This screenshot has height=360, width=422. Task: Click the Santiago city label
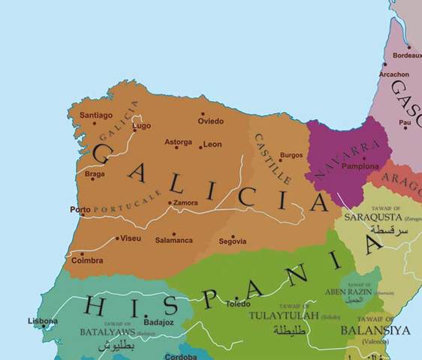point(96,115)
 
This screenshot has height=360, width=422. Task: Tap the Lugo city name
point(142,126)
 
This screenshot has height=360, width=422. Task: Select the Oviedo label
point(211,121)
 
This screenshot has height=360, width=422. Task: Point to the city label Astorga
point(178,142)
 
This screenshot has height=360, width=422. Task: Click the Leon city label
point(213,144)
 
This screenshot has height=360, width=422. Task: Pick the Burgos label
point(291,155)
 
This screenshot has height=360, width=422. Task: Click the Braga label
point(95,173)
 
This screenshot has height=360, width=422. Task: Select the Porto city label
point(79,210)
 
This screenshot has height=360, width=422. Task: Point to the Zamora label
point(185,202)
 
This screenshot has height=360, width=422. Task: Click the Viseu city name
point(131,238)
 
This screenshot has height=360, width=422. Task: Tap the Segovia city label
point(232,241)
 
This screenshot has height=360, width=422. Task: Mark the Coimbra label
point(87,262)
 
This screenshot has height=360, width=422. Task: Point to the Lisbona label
point(42,321)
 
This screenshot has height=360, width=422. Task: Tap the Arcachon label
point(394,75)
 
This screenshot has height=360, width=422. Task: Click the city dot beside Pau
point(405,128)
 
